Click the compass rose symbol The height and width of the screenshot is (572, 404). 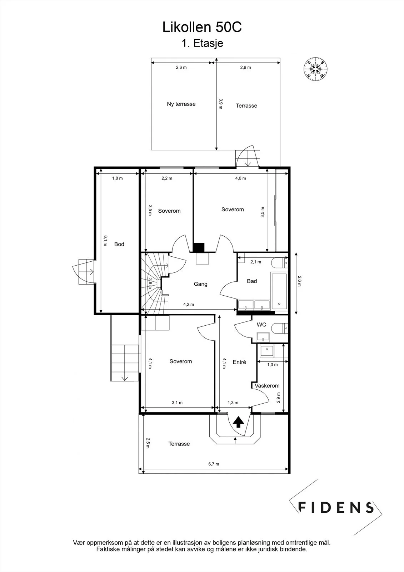[x=316, y=69]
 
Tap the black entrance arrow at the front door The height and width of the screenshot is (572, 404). [x=238, y=422]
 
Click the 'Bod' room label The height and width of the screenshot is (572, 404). [x=119, y=244]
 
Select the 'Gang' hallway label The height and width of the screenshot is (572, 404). [x=201, y=284]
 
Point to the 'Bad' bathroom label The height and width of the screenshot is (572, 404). [x=252, y=281]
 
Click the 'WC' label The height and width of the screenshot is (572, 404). [x=261, y=325]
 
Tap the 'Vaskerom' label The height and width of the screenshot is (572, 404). [x=267, y=386]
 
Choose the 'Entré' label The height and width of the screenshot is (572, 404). [x=239, y=362]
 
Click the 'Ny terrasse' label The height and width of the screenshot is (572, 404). [x=181, y=104]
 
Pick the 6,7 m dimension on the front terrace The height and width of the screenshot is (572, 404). [x=214, y=464]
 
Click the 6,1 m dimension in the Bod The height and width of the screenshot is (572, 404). [x=105, y=241]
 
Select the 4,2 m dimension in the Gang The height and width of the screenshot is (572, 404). [x=189, y=304]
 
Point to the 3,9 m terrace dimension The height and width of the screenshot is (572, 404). [x=221, y=104]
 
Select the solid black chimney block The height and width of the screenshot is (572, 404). [x=199, y=247]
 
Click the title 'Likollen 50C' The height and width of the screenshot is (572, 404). [x=202, y=27]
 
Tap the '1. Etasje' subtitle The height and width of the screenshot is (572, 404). [x=202, y=43]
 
